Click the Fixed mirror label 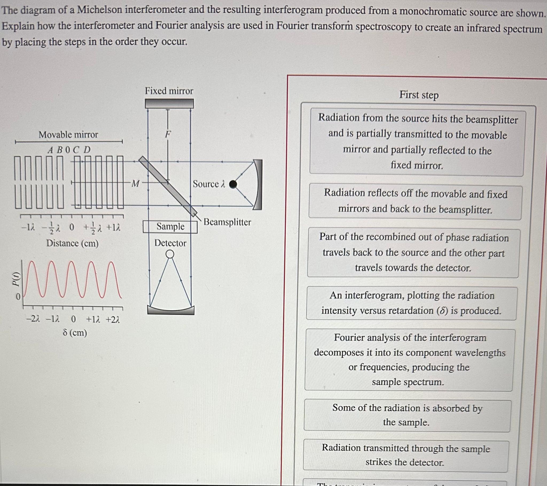click(169, 91)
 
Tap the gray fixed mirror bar click(169, 103)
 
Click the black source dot click(233, 184)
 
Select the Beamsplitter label click(227, 222)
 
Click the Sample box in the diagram click(170, 227)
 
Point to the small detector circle click(170, 254)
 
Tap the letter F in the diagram click(168, 134)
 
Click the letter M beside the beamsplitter click(136, 184)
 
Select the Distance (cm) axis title click(72, 243)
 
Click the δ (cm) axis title click(75, 333)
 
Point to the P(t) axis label click(17, 279)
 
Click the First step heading click(419, 95)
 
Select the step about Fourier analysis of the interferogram click(409, 360)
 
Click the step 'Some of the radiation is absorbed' click(407, 415)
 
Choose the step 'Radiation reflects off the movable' click(415, 201)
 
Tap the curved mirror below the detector click(171, 310)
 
